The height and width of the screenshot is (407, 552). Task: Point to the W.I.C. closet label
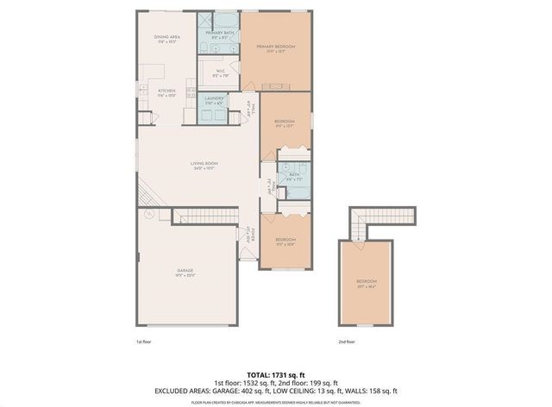[x=220, y=73]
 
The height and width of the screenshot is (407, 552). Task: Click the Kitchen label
[x=166, y=92]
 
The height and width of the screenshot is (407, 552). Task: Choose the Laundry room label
[x=215, y=100]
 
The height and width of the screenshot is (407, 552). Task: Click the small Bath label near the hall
[x=295, y=176]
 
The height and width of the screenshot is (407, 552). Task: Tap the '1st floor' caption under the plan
[x=144, y=342]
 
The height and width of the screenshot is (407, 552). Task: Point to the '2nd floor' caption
[x=348, y=342]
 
